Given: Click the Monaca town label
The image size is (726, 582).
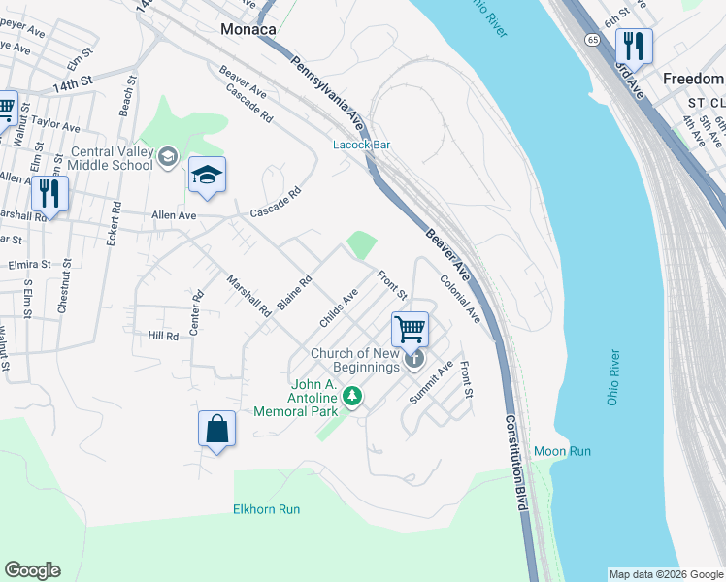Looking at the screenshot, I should click(x=247, y=29).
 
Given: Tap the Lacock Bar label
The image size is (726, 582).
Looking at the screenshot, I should click(x=361, y=145).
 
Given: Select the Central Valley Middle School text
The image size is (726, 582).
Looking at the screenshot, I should click(x=112, y=158).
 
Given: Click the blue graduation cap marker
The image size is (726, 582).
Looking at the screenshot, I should click(x=207, y=176).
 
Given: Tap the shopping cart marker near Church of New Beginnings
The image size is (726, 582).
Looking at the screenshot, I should click(x=411, y=329).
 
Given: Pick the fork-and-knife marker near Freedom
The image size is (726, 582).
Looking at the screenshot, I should click(x=633, y=46).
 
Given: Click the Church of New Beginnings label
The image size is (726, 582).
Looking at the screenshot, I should click(x=355, y=360).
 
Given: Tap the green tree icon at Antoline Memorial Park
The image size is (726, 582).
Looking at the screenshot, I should click(x=353, y=395).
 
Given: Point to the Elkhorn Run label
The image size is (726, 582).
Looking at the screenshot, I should click(x=267, y=509).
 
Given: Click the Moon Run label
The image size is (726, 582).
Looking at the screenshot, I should click(x=563, y=452).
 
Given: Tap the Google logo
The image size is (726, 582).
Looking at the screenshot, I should click(x=32, y=570).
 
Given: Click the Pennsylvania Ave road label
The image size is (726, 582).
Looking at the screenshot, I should click(x=328, y=91).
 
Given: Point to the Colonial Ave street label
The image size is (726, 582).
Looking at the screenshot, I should click(x=460, y=299).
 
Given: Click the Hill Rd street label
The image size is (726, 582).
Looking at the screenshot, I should click(x=163, y=336).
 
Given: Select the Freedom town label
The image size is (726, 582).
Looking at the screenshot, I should click(x=693, y=78).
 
